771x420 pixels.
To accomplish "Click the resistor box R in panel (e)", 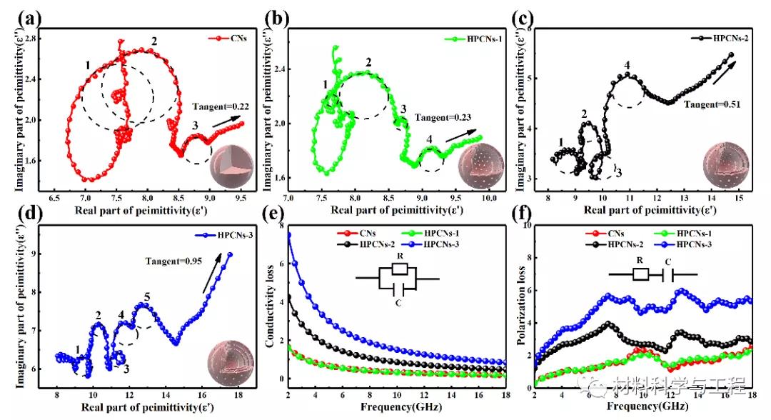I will pyautogui.click(x=400, y=269).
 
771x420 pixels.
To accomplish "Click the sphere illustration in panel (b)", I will pyautogui.click(x=477, y=161).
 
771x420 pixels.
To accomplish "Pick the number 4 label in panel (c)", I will pyautogui.click(x=627, y=66).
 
